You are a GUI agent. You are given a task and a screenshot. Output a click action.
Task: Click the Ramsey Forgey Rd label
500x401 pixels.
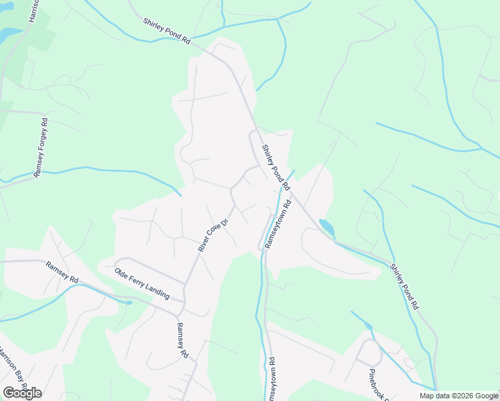tap(41, 147)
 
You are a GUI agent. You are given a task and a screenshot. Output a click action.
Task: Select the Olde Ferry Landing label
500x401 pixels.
tap(142, 283)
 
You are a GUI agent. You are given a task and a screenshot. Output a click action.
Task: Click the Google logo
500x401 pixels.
tap(22, 392)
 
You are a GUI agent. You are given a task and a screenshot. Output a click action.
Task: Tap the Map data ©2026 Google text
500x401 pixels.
tap(459, 396)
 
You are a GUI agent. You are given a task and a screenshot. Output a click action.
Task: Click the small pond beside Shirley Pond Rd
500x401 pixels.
tap(327, 228)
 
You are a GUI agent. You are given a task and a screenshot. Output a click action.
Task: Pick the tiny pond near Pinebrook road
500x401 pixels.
tap(368, 326)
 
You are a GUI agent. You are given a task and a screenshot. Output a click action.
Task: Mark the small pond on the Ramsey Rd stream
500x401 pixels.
tap(127, 302)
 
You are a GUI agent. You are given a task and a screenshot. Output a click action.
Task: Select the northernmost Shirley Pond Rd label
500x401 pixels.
tap(166, 31)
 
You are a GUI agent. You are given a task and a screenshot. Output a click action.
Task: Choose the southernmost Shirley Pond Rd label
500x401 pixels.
tap(404, 285)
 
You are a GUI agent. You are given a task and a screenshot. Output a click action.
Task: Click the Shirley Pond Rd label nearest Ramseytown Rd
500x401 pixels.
tap(275, 166)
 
